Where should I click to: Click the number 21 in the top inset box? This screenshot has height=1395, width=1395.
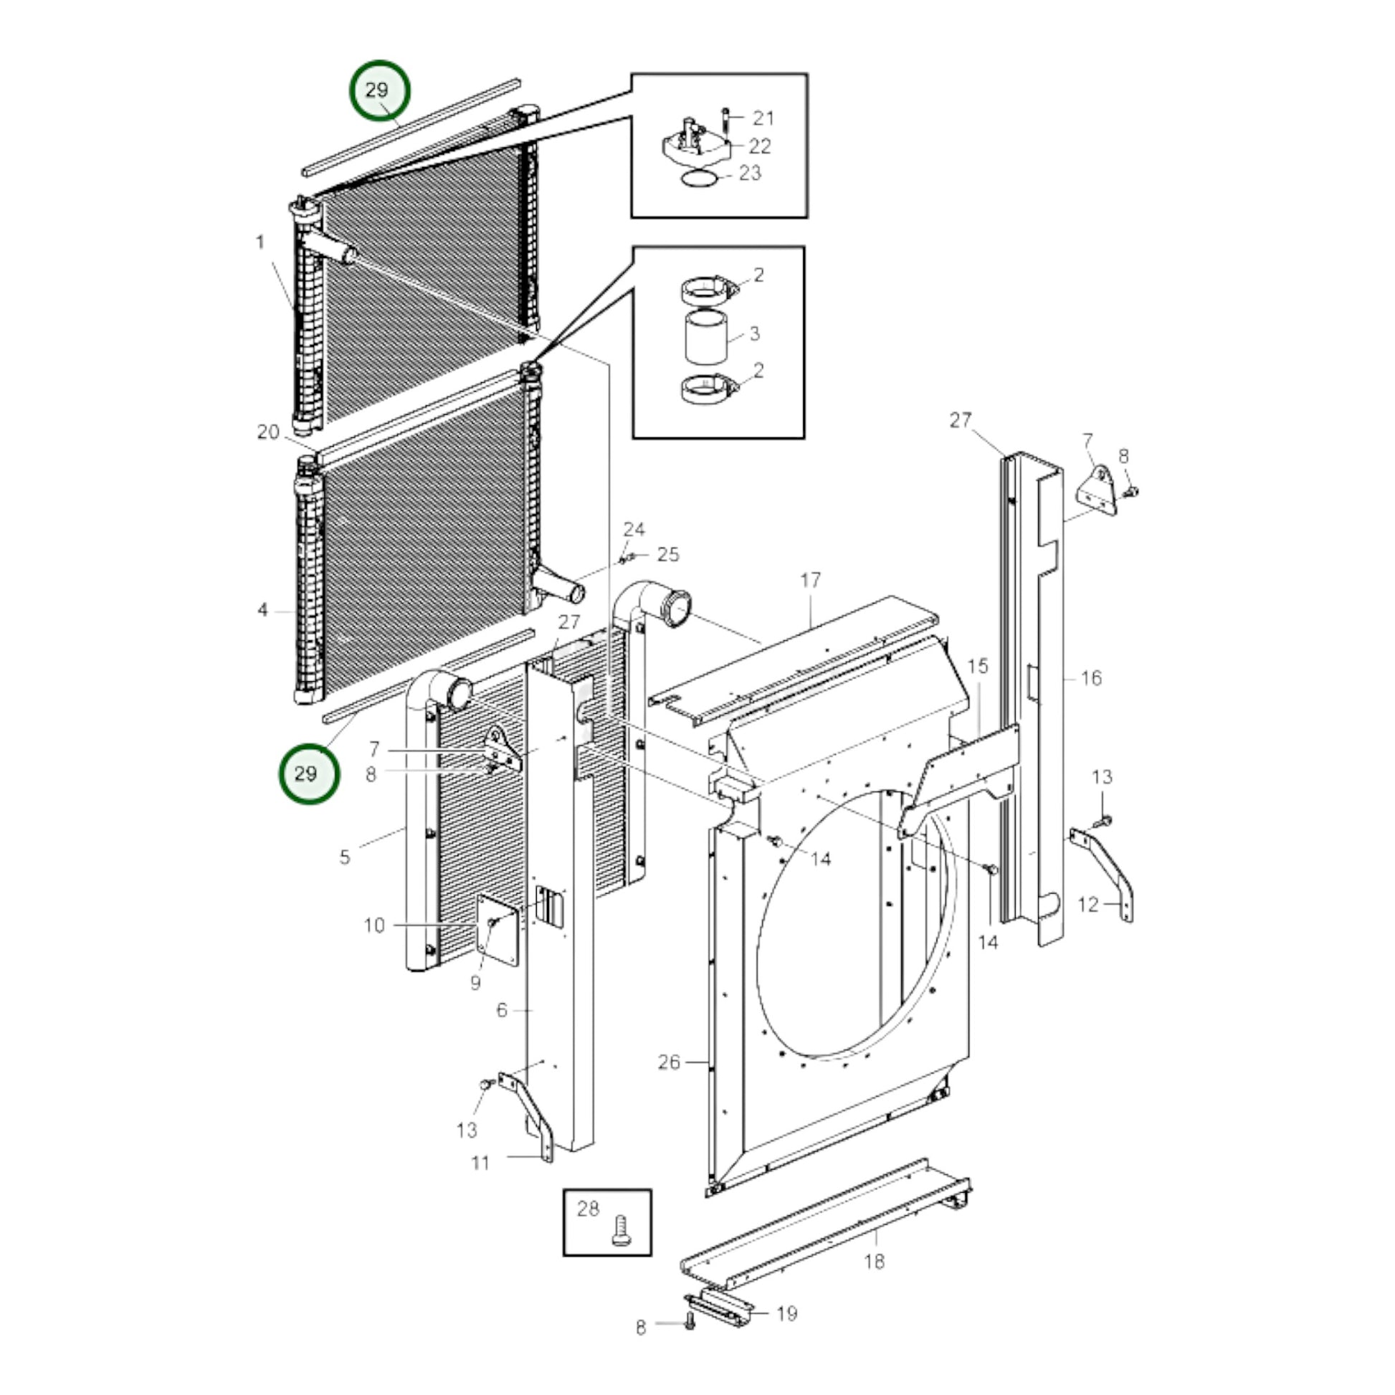pos(763,118)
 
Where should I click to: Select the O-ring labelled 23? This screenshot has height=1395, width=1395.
pos(700,178)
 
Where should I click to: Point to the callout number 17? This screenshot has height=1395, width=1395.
pos(810,580)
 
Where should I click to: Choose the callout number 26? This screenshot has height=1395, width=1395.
pos(669,1062)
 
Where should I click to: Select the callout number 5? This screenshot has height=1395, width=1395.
pos(344,857)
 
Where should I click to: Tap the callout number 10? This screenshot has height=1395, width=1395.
pos(374,925)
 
